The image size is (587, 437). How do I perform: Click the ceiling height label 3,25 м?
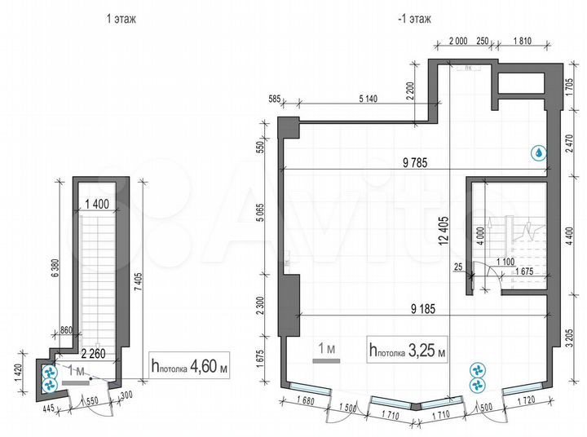click(408, 351)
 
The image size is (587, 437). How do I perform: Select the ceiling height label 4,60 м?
click(191, 368)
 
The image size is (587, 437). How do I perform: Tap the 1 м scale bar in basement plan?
click(327, 350)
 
